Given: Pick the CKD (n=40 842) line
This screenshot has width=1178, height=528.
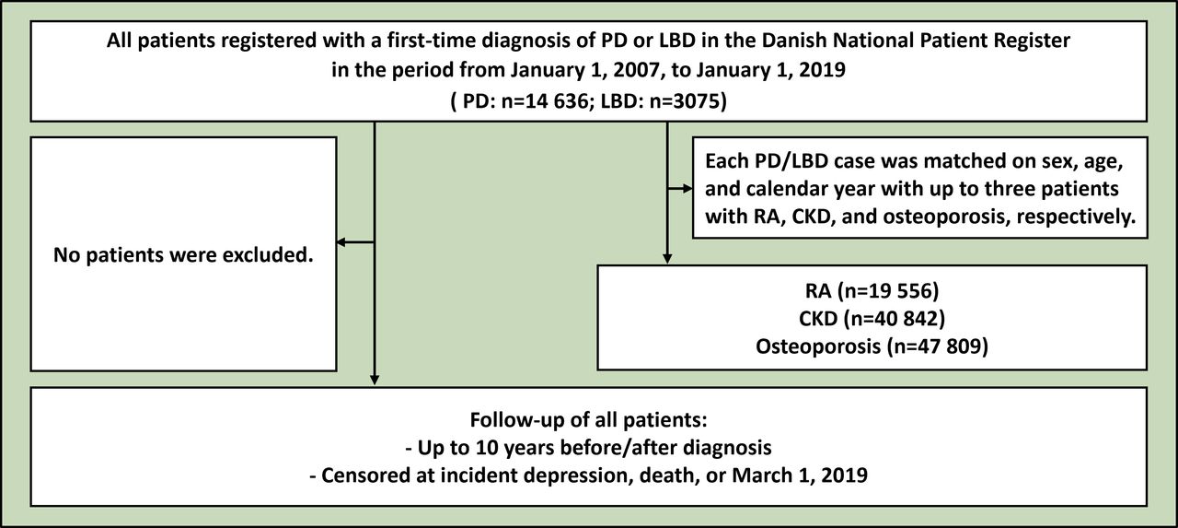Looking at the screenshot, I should pos(872,319).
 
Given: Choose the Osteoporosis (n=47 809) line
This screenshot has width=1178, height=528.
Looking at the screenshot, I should pos(872,346).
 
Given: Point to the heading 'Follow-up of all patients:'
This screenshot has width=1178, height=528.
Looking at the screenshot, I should pos(588,419).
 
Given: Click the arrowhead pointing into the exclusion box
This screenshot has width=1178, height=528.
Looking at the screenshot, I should pos(340,242).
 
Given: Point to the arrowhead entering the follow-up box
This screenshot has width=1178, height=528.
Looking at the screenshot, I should pos(375,379).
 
